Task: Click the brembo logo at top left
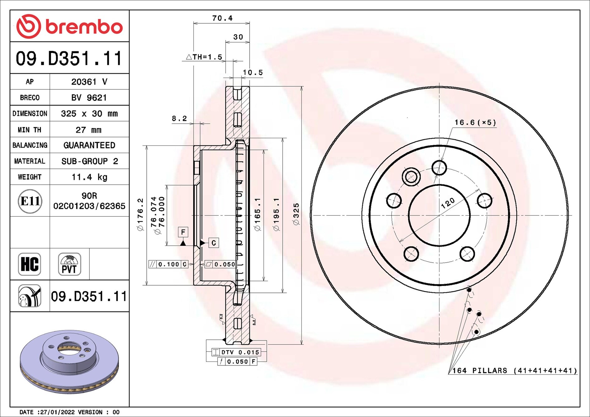[69, 26]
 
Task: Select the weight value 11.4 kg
[89, 177]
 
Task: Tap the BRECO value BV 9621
[89, 98]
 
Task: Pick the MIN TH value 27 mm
[89, 130]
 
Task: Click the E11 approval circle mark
[30, 201]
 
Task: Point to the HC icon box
[30, 264]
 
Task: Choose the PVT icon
[69, 264]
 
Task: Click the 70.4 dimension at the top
[222, 18]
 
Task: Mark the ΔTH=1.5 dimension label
[204, 57]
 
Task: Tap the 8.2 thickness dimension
[179, 119]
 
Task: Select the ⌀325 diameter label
[296, 214]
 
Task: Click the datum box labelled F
[183, 232]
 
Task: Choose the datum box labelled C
[213, 243]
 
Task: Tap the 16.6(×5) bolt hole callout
[475, 122]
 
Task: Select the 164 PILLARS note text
[514, 371]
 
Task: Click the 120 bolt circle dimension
[448, 203]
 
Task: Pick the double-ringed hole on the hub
[411, 177]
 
